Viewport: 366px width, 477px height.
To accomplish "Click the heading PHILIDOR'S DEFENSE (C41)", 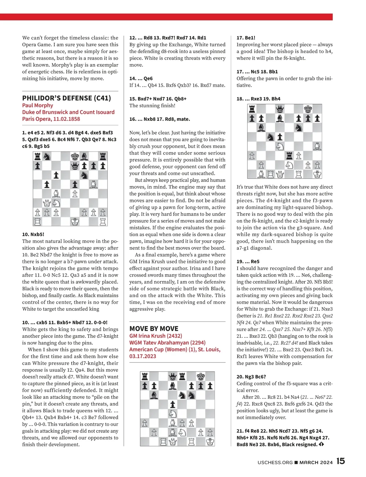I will (66, 98).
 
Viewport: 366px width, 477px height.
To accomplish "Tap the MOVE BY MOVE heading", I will (154, 328).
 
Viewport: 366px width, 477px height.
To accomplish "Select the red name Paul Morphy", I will (38, 105).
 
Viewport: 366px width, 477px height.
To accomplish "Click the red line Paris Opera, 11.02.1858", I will (51, 119).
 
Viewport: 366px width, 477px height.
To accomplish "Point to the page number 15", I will (341, 461).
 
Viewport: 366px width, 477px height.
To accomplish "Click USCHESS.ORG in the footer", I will (275, 462).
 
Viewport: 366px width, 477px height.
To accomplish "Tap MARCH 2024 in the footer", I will (316, 462).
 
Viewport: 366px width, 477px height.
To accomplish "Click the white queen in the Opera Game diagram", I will (47, 203).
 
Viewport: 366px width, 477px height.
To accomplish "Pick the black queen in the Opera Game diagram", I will (75, 166).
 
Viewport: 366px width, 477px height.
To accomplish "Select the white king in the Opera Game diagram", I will (75, 221).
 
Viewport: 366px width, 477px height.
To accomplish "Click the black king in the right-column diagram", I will (308, 109).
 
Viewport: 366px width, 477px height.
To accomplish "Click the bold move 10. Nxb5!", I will (33, 234).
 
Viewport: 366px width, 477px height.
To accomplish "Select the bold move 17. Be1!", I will (246, 38).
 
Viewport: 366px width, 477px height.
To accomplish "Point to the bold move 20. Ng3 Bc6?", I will (251, 377).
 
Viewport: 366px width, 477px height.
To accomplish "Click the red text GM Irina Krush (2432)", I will (156, 335).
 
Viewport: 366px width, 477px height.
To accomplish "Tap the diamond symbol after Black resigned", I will (321, 444).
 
